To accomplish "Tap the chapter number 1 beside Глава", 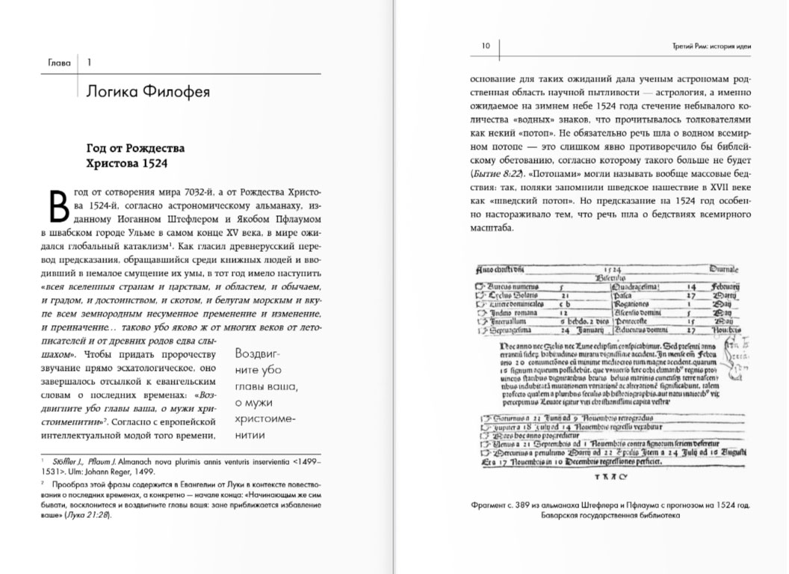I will coord(88,63).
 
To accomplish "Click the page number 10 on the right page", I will coord(485,46).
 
